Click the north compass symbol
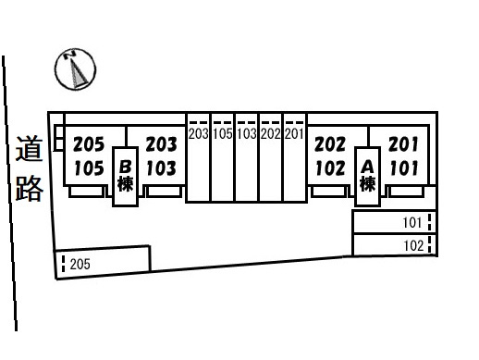pos(75,69)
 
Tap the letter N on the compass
pos(70,55)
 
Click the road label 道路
pos(29,168)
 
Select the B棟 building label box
pos(125,176)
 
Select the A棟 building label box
pos(367,176)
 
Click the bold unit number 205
pos(89,144)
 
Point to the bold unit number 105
pos(89,168)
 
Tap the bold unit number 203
pos(162,144)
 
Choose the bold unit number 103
pos(162,168)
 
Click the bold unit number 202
pos(330,144)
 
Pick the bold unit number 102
pos(330,168)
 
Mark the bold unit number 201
pos(403,144)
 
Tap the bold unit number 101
pos(403,168)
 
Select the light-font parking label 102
pos(413,246)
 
